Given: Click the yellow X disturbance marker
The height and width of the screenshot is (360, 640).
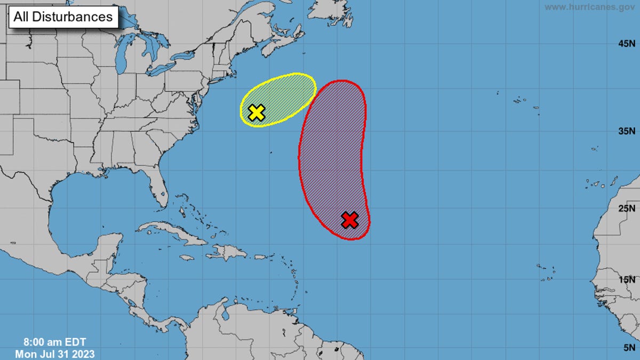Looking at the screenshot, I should [257, 112].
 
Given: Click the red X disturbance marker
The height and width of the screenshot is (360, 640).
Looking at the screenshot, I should [349, 220].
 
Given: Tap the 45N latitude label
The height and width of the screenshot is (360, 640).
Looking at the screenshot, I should [626, 44].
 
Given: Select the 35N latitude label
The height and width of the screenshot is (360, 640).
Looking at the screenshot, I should [626, 131].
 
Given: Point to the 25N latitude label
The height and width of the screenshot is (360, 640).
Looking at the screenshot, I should [626, 207].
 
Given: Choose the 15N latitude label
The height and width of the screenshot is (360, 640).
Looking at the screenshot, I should [626, 279].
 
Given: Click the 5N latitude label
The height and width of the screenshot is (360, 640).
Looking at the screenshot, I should [628, 347].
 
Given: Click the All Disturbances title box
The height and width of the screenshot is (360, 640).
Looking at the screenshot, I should [63, 17].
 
